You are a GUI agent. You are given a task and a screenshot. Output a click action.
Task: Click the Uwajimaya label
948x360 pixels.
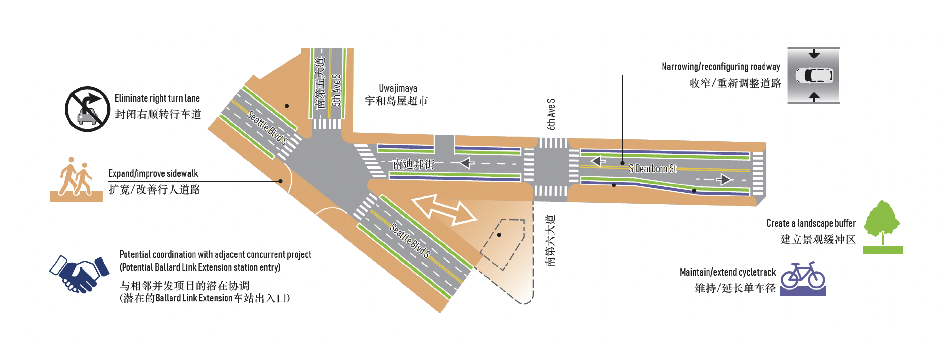click(x=398, y=88)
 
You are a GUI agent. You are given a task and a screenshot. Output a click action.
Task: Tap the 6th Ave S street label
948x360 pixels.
click(x=551, y=114)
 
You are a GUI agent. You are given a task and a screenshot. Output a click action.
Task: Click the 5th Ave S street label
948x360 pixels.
click(x=336, y=90)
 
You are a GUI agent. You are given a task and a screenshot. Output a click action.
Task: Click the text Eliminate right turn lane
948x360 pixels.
click(x=157, y=98)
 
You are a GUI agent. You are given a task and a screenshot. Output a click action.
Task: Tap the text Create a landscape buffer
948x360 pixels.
click(x=811, y=223)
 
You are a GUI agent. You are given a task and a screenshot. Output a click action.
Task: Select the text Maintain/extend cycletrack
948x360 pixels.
click(x=727, y=272)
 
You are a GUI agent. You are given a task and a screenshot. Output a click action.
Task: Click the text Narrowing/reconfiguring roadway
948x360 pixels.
click(x=721, y=67)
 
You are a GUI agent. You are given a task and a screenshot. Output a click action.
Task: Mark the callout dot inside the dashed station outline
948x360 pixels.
click(x=499, y=235)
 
